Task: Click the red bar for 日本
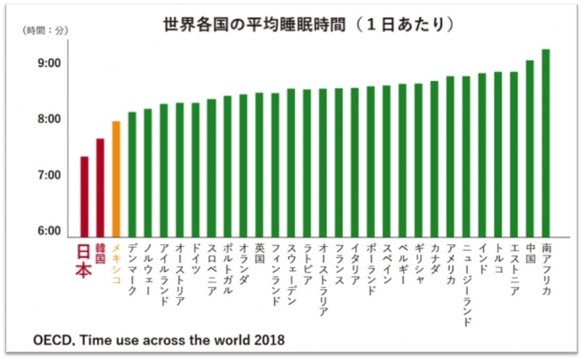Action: click(x=84, y=197)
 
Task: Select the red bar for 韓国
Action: click(x=100, y=187)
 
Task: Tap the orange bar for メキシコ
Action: click(x=116, y=179)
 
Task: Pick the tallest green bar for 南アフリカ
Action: click(x=545, y=143)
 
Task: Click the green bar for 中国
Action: click(x=529, y=149)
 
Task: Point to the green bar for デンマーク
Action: click(x=132, y=174)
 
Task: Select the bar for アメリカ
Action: click(x=450, y=157)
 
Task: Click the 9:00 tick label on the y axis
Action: click(x=49, y=63)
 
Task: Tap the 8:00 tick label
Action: click(x=49, y=119)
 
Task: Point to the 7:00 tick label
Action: click(x=49, y=175)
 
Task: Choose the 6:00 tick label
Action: click(x=49, y=231)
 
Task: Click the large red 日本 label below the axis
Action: click(x=84, y=261)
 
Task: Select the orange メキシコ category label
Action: click(x=116, y=263)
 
